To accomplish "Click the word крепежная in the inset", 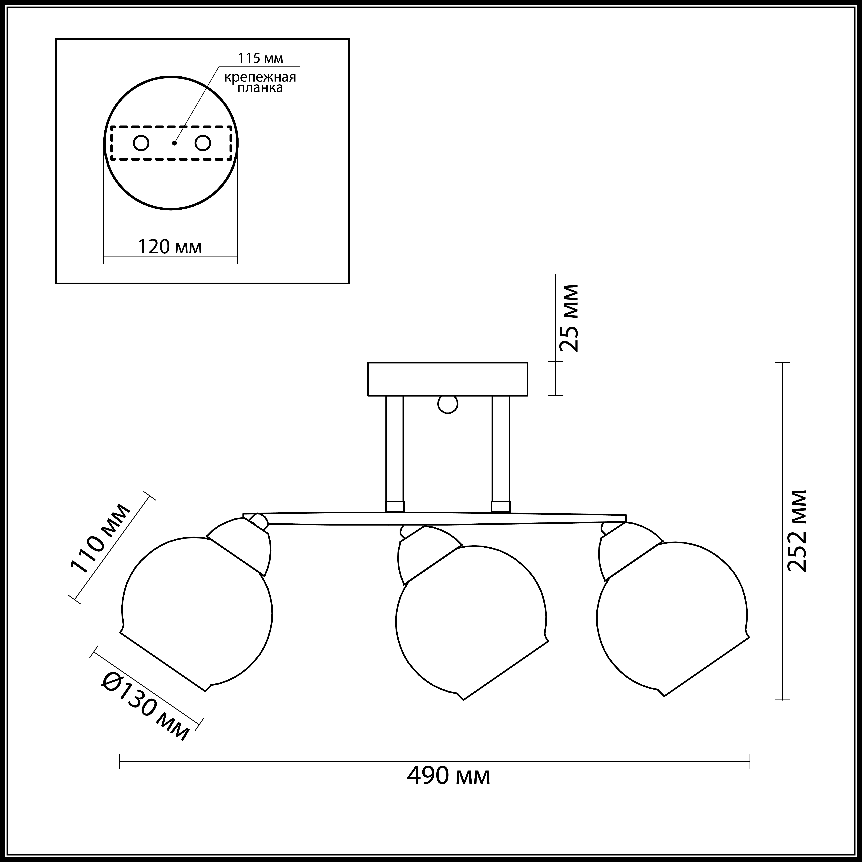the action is click(x=260, y=77).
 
